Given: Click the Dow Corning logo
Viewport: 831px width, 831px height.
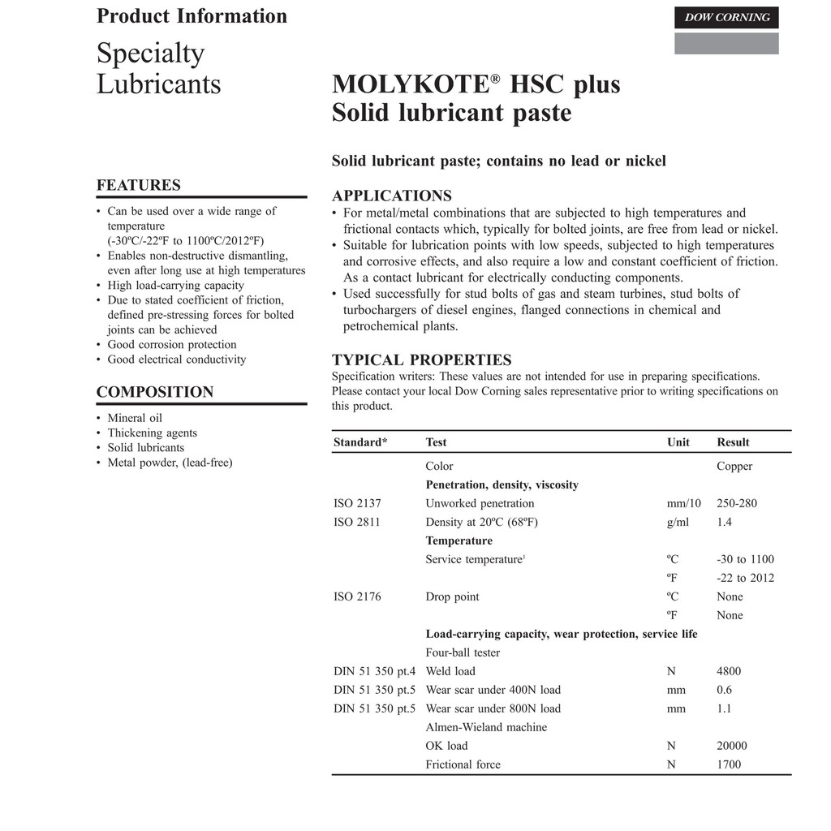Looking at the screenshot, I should pos(726,18).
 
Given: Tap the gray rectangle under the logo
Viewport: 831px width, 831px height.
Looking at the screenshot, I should pos(726,44).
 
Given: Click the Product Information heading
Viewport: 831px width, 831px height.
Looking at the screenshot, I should pos(192,16).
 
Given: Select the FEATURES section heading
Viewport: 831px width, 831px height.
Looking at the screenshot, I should pos(139,185).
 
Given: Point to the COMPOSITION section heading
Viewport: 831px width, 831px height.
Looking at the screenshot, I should pos(155,392).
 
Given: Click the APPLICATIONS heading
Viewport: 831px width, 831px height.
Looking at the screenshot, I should pos(392,196).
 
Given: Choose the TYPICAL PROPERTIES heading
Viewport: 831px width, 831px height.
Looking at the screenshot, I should pos(422,360).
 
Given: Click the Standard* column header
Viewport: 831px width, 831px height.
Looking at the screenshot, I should pos(360,442).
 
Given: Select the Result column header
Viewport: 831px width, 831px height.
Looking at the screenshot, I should pos(733,442).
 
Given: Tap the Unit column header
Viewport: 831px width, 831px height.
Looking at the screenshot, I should pos(678,442).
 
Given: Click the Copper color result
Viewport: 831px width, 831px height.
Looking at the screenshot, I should pos(734,466).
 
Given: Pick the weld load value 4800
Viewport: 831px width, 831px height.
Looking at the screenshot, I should pos(729,671).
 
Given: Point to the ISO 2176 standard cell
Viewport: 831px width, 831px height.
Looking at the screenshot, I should pos(357,596).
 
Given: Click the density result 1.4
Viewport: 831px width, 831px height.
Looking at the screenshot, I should pos(724,522).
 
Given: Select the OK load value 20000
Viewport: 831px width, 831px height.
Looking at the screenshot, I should pos(732,746).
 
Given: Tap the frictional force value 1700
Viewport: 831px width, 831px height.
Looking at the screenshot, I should pos(729,764).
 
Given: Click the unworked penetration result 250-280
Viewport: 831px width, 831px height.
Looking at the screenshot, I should pos(737,503).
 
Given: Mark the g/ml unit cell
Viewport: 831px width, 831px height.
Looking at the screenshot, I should pos(678,522).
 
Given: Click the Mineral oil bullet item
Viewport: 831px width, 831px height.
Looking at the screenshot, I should pos(135,418).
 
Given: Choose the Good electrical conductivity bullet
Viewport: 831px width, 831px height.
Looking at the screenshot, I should pos(177,360).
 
